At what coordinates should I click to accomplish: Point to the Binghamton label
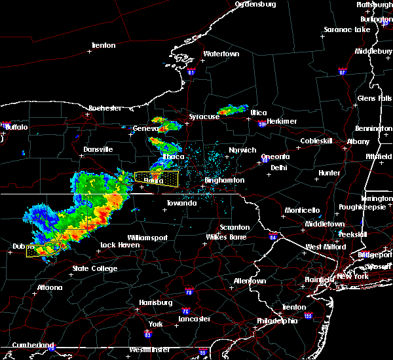(224, 180)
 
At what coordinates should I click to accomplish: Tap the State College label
(95, 268)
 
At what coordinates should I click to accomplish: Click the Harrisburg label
(156, 302)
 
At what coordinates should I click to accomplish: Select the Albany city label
(358, 141)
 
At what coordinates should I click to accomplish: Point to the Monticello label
(302, 210)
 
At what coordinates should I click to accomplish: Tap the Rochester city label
(105, 107)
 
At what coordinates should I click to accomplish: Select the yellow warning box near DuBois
(43, 249)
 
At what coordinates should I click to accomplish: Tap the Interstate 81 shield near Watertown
(191, 71)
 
